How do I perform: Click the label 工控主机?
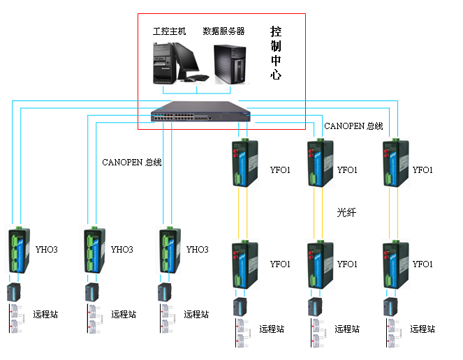pyautogui.click(x=169, y=31)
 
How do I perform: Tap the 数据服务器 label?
pyautogui.click(x=223, y=31)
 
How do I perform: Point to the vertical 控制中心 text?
pyautogui.click(x=276, y=53)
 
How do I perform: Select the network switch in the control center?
pyautogui.click(x=200, y=112)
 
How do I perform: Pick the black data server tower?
pyautogui.click(x=230, y=64)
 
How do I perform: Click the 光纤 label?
pyautogui.click(x=346, y=212)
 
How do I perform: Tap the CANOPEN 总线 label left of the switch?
pyautogui.click(x=132, y=162)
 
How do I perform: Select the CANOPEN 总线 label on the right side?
pyautogui.click(x=353, y=126)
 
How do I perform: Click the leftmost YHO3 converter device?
pyautogui.click(x=17, y=250)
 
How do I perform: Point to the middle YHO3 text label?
pyautogui.click(x=122, y=249)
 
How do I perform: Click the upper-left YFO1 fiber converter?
pyautogui.click(x=245, y=163)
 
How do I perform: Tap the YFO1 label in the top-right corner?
pyautogui.click(x=422, y=170)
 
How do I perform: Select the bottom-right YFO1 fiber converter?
pyautogui.click(x=396, y=264)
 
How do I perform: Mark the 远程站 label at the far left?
pyautogui.click(x=45, y=314)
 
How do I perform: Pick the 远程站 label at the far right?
pyautogui.click(x=422, y=329)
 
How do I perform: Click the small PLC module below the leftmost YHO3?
pyautogui.click(x=14, y=292)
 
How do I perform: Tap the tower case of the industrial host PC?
pyautogui.click(x=163, y=63)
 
